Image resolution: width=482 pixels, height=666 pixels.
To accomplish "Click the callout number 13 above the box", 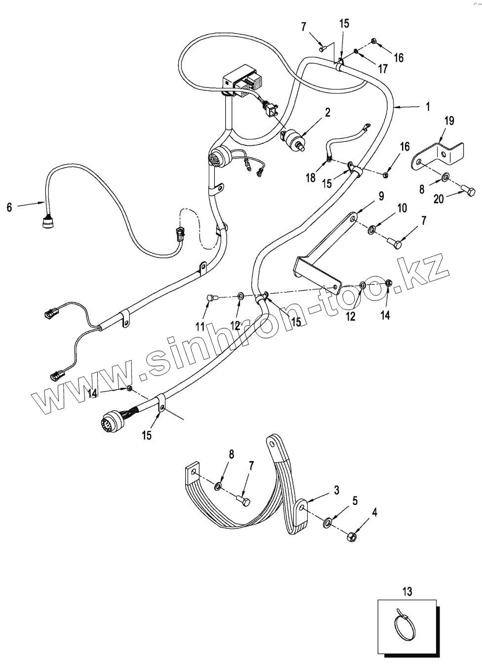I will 407,590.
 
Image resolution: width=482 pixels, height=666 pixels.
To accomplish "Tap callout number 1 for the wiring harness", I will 428,106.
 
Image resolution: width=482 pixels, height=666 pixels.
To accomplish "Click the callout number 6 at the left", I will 9,208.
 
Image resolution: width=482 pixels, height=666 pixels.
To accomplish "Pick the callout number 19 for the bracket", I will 449,121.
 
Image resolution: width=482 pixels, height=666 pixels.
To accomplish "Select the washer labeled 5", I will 328,522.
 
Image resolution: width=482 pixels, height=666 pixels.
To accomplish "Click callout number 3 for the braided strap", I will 336,490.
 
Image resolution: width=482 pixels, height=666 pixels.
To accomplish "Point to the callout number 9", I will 381,196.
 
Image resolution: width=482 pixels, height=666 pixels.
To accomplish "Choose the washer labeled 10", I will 372,229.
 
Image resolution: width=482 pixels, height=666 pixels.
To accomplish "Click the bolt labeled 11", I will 209,298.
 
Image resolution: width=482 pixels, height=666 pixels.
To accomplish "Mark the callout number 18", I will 310,177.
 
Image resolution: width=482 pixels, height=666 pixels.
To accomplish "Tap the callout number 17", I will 383,69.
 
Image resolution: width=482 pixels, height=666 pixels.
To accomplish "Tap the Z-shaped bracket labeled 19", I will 439,155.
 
